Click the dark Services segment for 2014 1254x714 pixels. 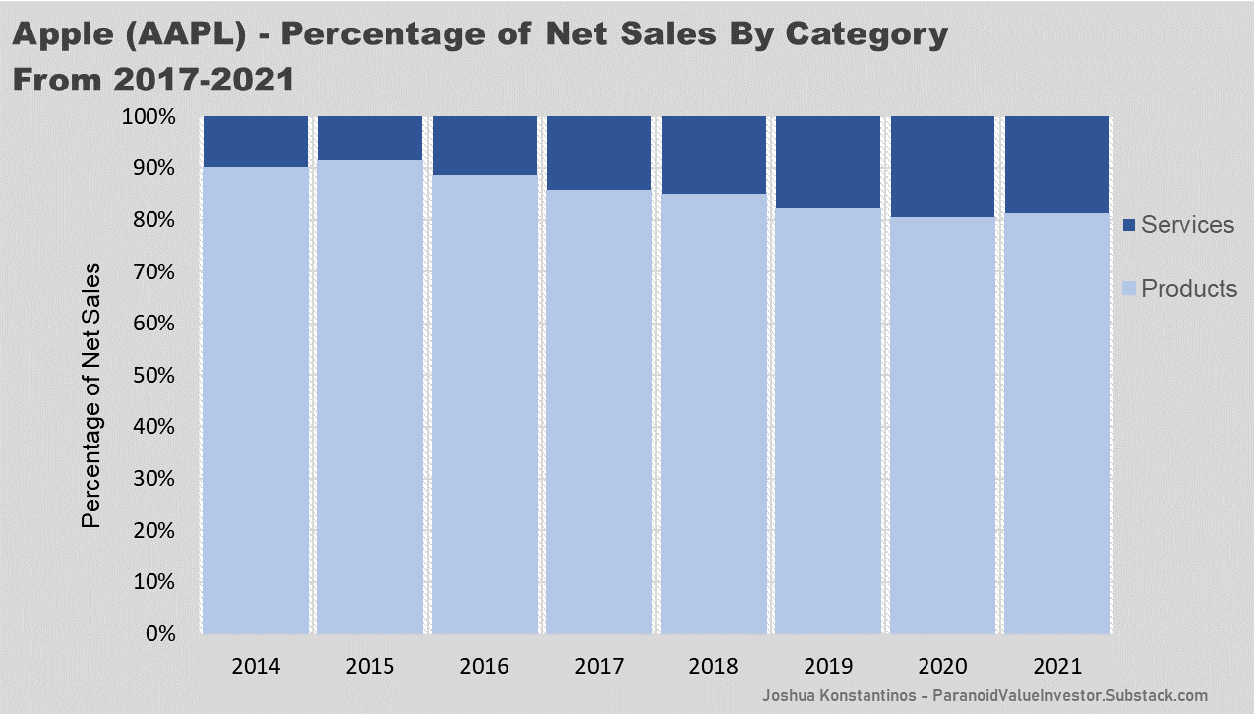(256, 142)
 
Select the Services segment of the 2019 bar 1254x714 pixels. (827, 162)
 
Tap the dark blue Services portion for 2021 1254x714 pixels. (1056, 164)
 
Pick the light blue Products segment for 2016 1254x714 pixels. (484, 403)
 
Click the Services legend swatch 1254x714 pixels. (1129, 225)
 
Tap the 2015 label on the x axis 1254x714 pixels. (370, 666)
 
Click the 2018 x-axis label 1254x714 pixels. (713, 666)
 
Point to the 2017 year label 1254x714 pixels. (599, 666)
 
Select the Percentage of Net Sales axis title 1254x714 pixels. (90, 393)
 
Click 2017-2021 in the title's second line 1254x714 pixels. (195, 79)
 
